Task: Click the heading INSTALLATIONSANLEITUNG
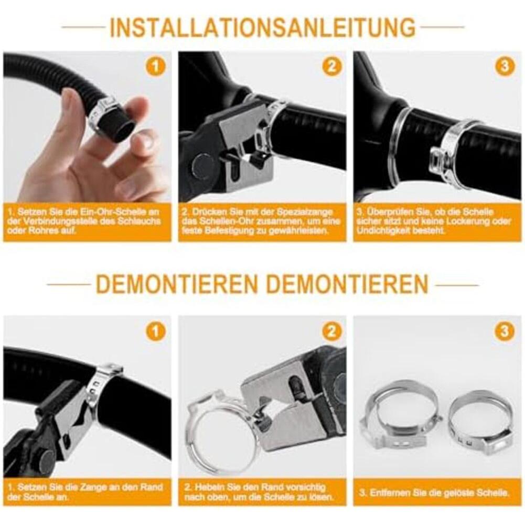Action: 262,27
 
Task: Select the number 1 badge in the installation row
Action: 156,66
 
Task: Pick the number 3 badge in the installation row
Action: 504,66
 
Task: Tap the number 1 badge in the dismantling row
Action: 156,331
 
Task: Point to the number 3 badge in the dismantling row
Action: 504,331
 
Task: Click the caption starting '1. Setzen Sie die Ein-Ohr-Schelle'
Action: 83,221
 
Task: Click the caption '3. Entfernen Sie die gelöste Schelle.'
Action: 434,492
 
